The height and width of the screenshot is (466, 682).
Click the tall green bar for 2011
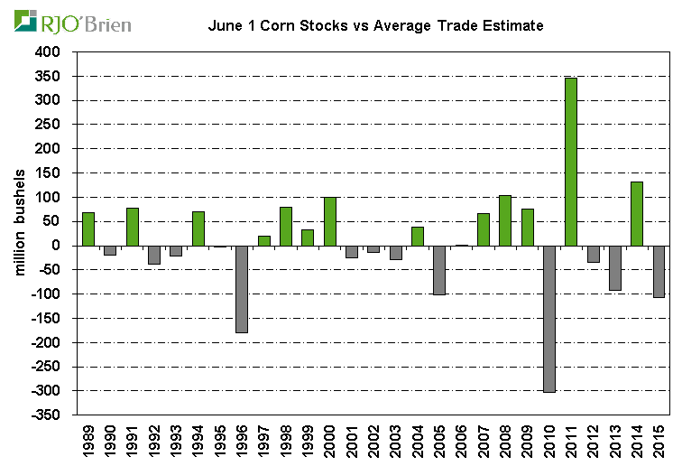point(571,162)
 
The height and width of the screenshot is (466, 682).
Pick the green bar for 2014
point(637,213)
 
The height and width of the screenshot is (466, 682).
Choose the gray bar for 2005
point(439,269)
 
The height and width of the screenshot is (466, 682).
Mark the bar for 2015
point(659,271)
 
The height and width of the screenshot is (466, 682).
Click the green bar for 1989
point(88,228)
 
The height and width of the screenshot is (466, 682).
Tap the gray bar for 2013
point(615,267)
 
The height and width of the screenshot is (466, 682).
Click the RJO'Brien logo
point(72,22)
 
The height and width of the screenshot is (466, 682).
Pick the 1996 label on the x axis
point(242,442)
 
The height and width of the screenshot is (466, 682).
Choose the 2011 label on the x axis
point(571,442)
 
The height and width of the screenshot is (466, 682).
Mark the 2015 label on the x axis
point(659,442)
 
